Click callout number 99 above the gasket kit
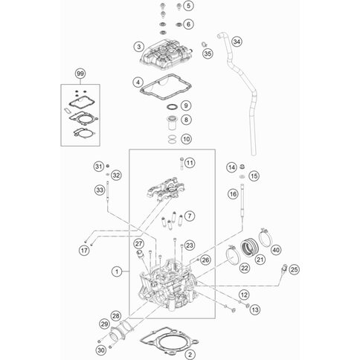click(80, 74)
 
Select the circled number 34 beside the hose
click(237, 42)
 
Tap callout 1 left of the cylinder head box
click(117, 272)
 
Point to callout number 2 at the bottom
click(190, 355)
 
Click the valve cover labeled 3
click(166, 54)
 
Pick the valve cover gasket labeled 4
click(166, 87)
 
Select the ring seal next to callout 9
click(173, 107)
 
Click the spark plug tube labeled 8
click(172, 123)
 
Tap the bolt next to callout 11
click(181, 163)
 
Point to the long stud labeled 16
click(242, 200)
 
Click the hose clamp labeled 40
click(266, 237)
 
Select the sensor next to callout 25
click(284, 269)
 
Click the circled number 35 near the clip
click(208, 54)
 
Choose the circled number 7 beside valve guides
click(190, 216)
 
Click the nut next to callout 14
click(242, 167)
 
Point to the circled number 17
click(84, 250)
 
